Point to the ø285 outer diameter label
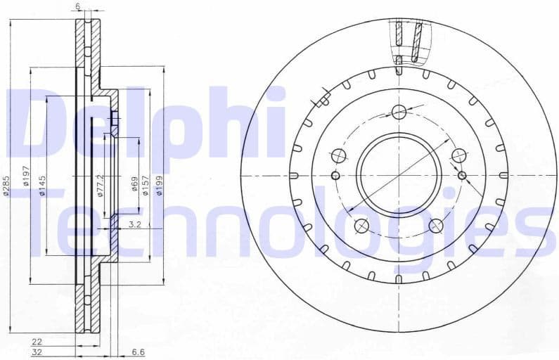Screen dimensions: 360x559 (6, 186)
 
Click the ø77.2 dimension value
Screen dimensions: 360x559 (101, 185)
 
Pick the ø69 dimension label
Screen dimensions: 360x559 (134, 185)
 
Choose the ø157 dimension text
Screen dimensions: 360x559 (147, 185)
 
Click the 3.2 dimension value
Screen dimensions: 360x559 (136, 225)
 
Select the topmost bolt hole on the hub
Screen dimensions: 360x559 (399, 112)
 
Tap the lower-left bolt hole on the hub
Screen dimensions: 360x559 (361, 226)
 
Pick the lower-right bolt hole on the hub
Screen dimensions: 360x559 (436, 226)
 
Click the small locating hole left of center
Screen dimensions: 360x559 (335, 175)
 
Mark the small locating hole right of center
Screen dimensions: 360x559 (462, 175)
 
